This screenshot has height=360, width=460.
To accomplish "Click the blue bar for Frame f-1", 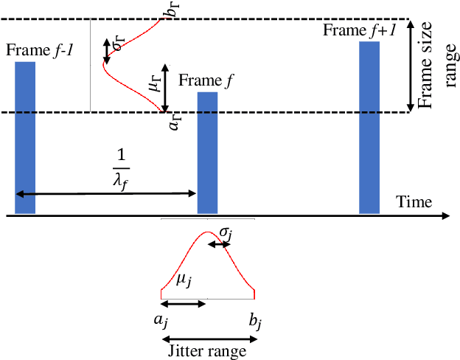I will [25, 137].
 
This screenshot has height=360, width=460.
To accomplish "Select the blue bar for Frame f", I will [207, 153].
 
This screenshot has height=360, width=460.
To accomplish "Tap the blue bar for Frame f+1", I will [369, 127].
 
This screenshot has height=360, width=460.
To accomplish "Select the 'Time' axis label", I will [413, 201].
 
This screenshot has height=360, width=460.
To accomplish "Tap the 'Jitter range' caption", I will [209, 351].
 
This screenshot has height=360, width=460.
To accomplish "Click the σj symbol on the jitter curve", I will [226, 234].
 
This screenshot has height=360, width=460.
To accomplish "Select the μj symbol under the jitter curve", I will [185, 280].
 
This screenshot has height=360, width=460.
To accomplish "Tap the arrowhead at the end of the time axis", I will [445, 215].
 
